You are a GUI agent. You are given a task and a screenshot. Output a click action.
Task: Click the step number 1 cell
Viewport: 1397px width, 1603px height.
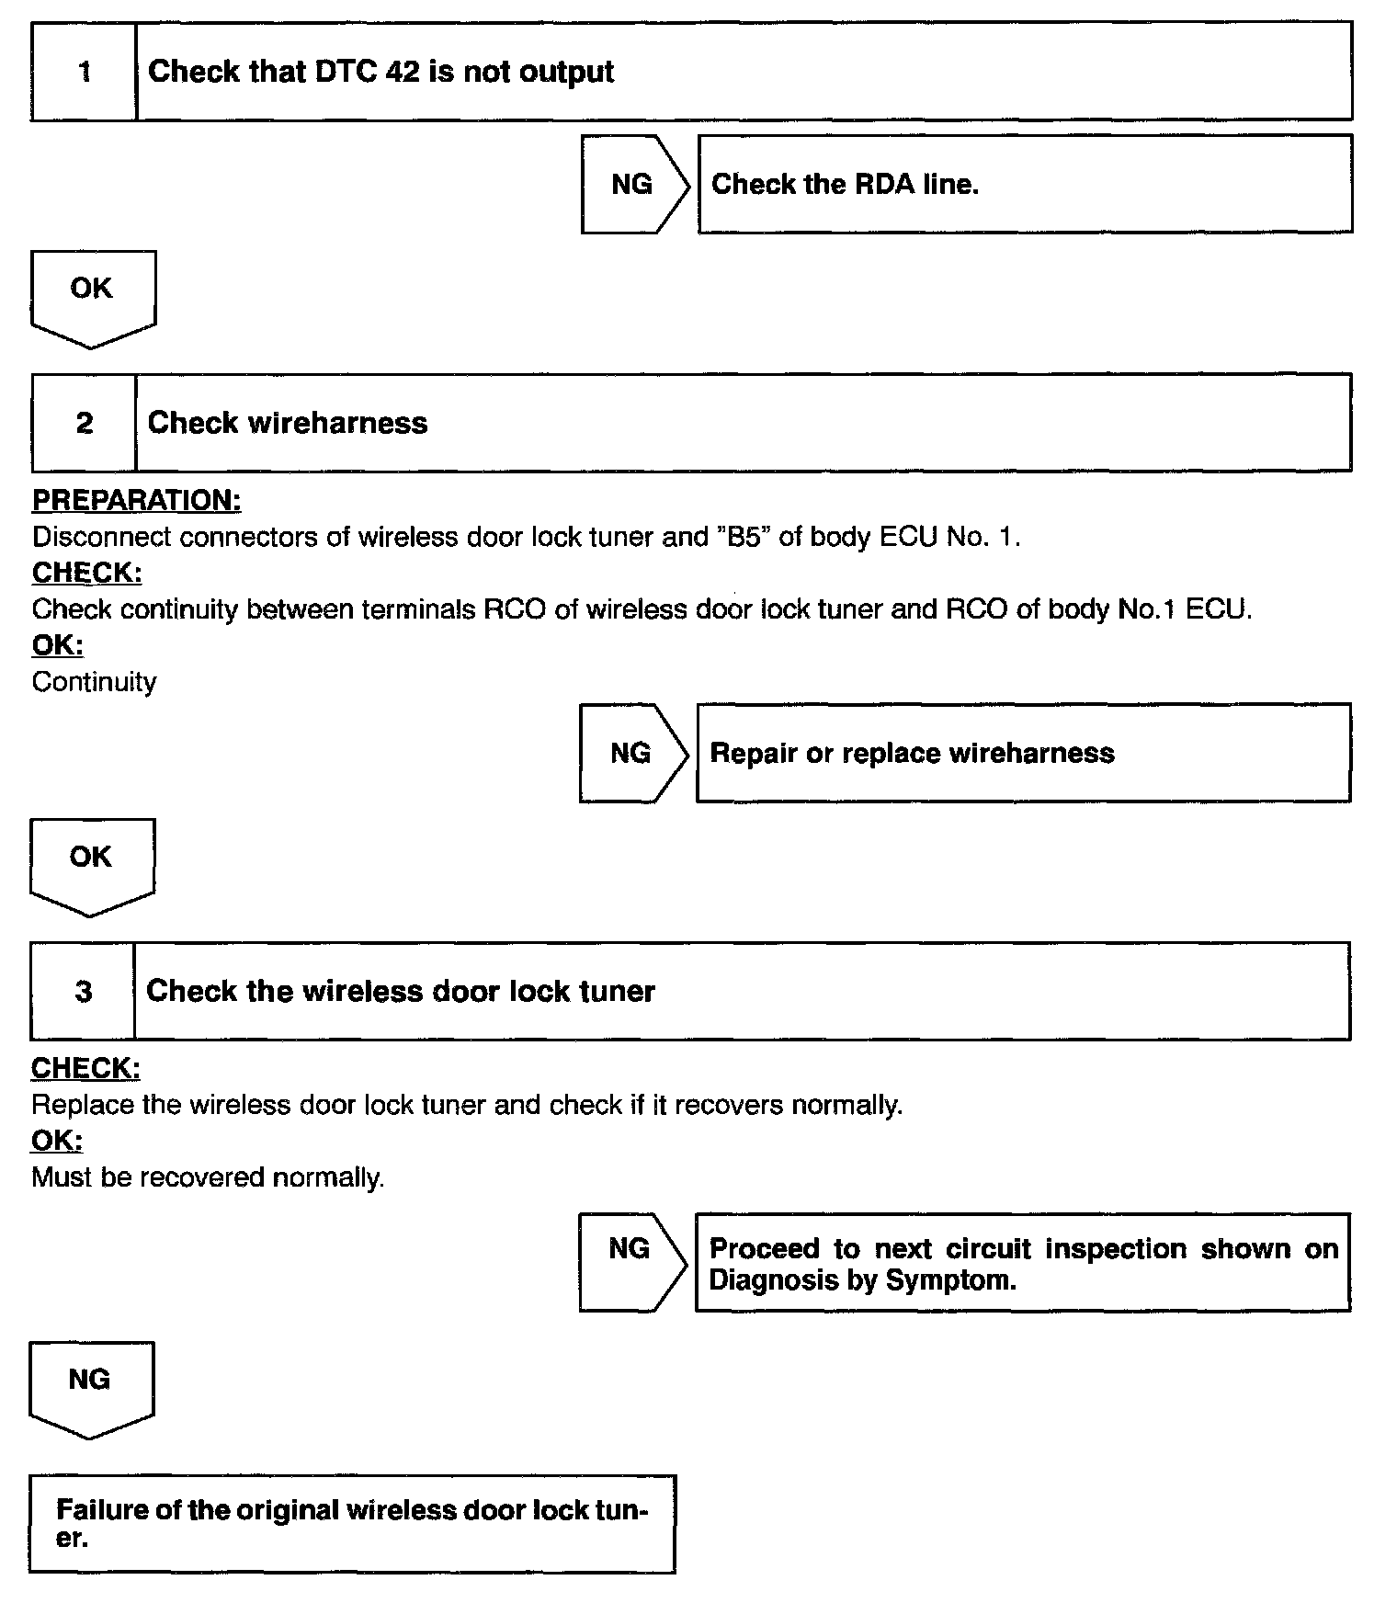[x=85, y=72]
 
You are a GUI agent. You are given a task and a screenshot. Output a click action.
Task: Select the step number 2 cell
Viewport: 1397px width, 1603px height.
[x=85, y=423]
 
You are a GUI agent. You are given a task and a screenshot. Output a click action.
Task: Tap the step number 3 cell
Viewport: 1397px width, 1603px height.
[x=84, y=991]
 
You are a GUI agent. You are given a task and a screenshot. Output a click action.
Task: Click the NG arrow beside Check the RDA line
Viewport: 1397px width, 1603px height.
[x=633, y=184]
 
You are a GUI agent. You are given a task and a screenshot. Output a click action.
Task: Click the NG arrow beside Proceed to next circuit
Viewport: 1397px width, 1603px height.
[x=631, y=1261]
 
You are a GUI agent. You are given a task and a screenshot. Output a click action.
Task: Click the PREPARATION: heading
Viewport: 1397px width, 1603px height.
[x=137, y=500]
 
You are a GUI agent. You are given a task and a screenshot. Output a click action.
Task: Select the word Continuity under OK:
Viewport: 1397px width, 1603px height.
[x=94, y=682]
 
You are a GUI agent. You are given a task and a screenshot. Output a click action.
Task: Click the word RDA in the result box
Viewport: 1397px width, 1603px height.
[x=885, y=184]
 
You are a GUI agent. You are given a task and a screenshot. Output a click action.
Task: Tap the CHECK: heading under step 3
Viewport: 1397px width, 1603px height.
[x=85, y=1068]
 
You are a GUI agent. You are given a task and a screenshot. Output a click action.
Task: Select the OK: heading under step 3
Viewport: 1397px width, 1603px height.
[x=57, y=1141]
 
